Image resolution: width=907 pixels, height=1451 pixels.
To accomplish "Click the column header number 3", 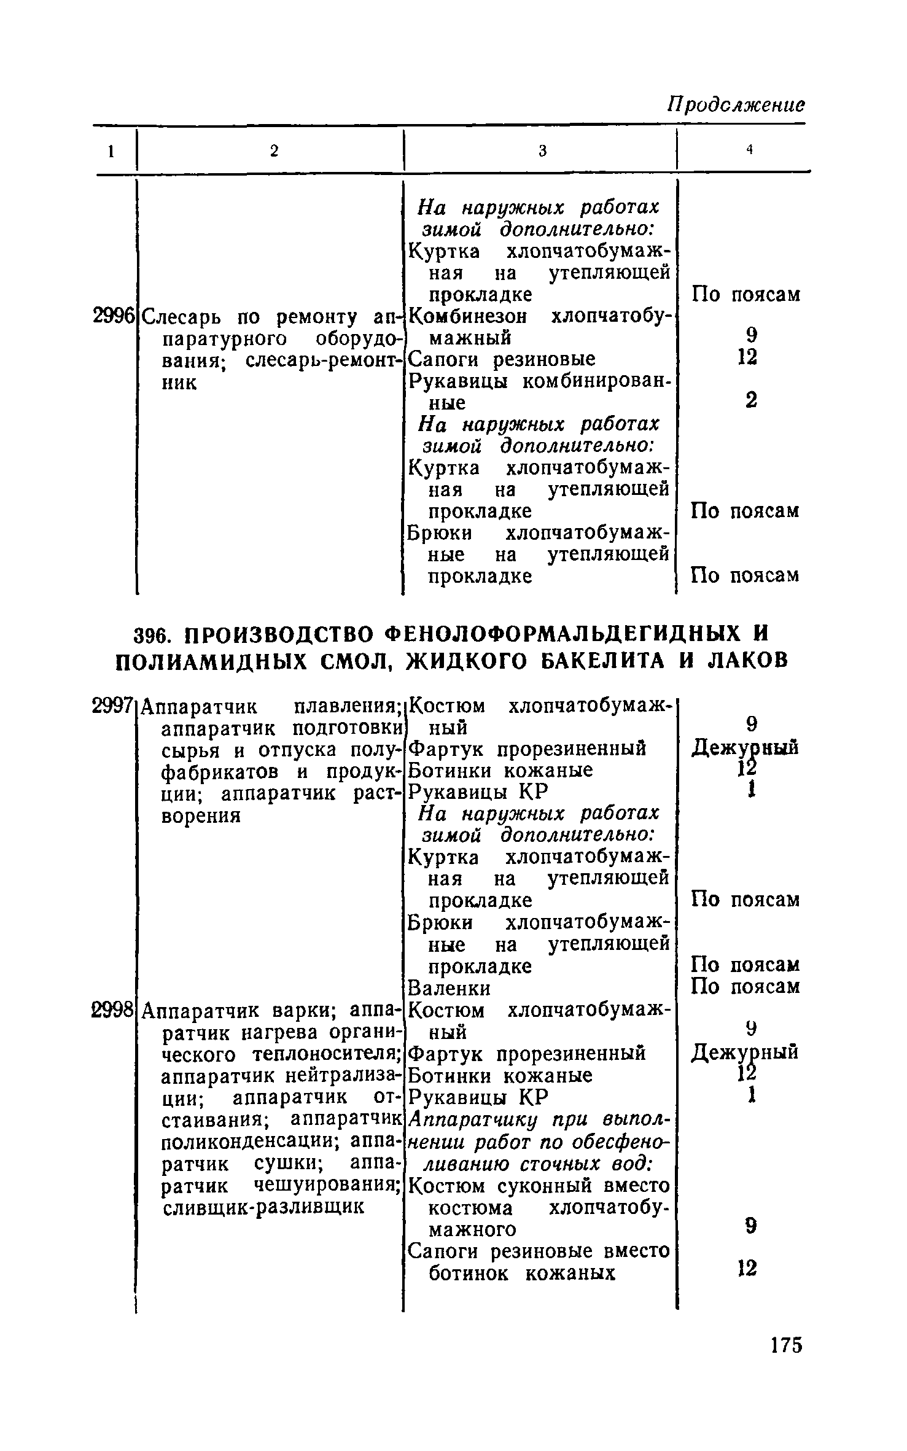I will click(x=542, y=151).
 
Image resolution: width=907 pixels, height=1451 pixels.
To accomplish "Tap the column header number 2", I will click(x=274, y=151).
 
